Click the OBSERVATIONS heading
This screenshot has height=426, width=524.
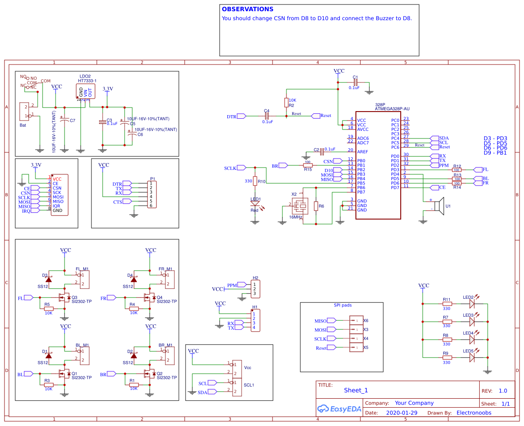(247, 9)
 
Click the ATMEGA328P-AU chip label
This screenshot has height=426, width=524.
(392, 109)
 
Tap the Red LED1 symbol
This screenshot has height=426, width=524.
(255, 202)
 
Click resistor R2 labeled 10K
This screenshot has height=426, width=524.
(286, 103)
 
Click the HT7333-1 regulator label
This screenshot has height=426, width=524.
(87, 81)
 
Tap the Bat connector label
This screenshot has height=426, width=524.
(23, 125)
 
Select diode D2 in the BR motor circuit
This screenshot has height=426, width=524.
(134, 356)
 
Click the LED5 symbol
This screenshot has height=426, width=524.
(472, 357)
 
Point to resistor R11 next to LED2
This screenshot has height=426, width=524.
(446, 303)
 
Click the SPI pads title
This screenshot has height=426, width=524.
(342, 305)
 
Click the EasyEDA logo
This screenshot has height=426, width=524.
(338, 409)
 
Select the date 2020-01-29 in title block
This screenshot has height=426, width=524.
(402, 413)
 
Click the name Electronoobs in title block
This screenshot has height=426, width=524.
(474, 413)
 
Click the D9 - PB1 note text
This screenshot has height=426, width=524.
(495, 153)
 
